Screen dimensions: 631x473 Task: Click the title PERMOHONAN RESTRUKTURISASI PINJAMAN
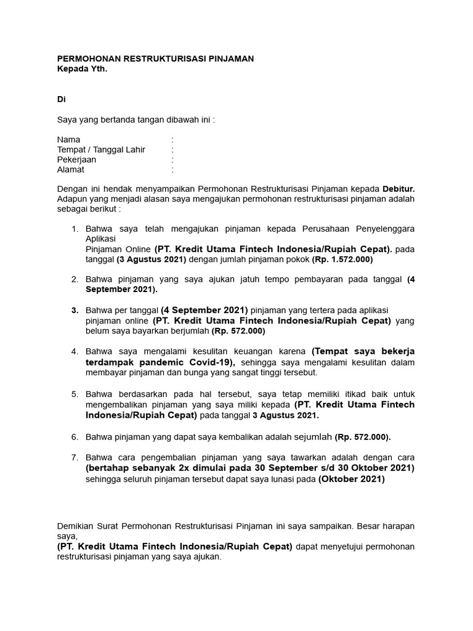tap(155, 59)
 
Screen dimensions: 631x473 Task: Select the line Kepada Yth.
tap(82, 68)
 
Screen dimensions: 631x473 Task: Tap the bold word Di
tap(61, 99)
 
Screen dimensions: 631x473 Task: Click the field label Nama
tap(68, 140)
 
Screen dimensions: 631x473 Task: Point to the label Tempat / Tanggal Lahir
tap(101, 150)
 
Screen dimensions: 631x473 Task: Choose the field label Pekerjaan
tap(76, 160)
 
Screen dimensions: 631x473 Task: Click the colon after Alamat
tap(172, 169)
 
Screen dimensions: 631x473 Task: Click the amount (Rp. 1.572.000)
tap(342, 259)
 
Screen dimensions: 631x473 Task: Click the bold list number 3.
tap(75, 310)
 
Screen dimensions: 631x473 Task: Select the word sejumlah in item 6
tap(313, 437)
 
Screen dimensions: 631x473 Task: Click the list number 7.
tap(75, 457)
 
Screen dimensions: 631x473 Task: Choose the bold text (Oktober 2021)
tap(351, 479)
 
